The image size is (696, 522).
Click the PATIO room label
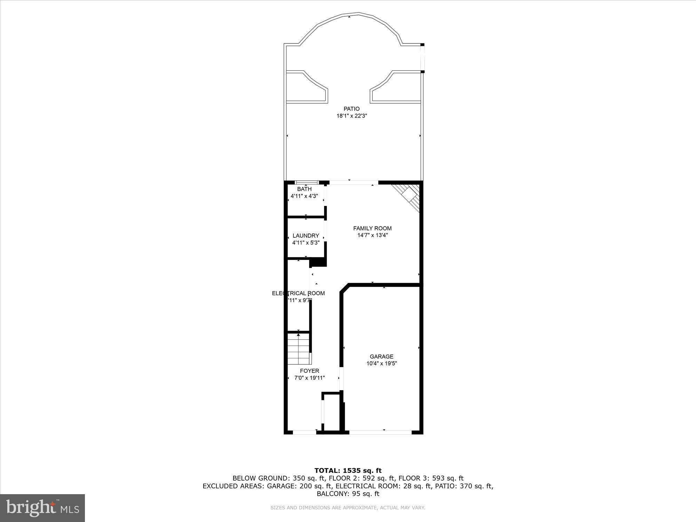tap(351, 109)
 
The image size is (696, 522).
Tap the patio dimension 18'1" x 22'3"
tap(351, 116)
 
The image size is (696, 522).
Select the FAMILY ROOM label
tap(372, 228)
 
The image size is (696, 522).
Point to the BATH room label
tap(304, 189)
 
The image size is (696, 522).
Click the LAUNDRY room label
tap(306, 236)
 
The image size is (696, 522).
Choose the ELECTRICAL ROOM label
tap(298, 293)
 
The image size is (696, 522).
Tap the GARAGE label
tap(381, 356)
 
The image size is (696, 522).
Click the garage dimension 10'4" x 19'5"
tap(381, 363)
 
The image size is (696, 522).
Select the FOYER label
tap(309, 371)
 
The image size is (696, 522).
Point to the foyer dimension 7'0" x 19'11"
tap(309, 378)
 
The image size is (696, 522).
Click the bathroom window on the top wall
tap(306, 182)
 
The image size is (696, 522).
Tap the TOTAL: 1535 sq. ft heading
tap(348, 471)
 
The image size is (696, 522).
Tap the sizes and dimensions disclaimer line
tap(348, 508)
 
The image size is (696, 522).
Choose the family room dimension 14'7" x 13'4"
tap(372, 235)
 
